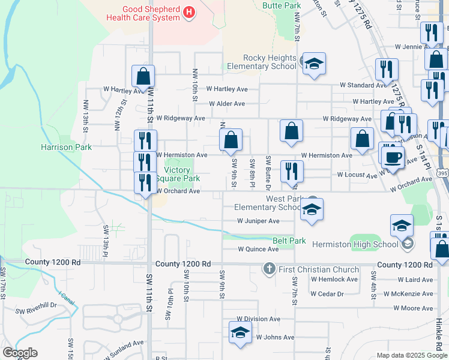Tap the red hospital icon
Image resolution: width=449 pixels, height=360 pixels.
(190, 12)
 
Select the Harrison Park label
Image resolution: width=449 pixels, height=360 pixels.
(66, 147)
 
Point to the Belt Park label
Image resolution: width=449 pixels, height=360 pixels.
(289, 241)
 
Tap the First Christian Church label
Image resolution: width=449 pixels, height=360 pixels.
(319, 269)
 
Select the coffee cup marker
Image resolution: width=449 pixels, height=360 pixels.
(393, 157)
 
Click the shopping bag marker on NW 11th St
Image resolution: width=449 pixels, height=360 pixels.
(143, 76)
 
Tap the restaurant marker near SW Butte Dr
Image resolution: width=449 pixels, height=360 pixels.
(291, 170)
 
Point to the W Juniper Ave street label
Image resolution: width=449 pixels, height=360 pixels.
(258, 221)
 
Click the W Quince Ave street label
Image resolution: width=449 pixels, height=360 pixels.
(258, 249)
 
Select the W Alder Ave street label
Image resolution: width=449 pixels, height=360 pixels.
(227, 104)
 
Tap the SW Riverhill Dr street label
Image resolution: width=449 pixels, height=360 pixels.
(37, 305)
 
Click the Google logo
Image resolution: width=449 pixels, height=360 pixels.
(20, 353)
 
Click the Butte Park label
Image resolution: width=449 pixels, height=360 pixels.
(282, 5)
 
